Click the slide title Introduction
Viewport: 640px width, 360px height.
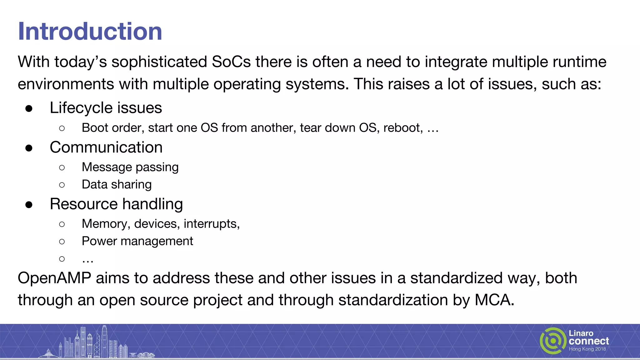pos(90,31)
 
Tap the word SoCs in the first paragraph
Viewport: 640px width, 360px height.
pos(231,62)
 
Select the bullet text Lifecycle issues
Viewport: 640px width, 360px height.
pos(106,108)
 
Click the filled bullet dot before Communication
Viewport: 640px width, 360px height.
pos(29,148)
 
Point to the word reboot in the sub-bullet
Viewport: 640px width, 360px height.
pos(403,128)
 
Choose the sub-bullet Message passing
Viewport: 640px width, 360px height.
pos(130,167)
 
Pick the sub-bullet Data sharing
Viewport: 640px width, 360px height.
pos(117,184)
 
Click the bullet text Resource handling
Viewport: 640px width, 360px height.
pos(116,204)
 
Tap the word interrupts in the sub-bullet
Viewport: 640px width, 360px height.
pos(211,224)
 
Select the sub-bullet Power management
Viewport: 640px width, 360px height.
pos(137,241)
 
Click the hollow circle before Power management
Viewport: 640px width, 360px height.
pos(62,241)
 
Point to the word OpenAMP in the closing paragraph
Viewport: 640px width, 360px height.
pos(54,278)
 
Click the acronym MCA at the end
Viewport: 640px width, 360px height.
pos(494,300)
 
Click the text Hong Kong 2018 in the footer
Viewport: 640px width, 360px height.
pos(587,349)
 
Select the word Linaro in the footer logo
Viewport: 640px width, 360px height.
pos(581,333)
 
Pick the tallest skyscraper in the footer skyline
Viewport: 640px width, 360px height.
pos(104,341)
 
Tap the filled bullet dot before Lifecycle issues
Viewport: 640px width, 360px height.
pos(29,108)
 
